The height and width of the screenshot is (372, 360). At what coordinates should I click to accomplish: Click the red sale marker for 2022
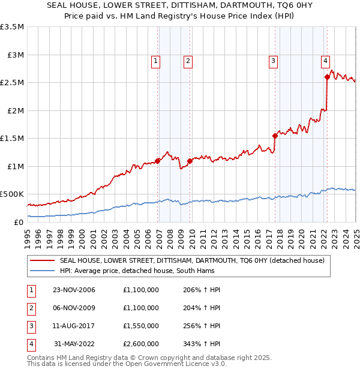328,77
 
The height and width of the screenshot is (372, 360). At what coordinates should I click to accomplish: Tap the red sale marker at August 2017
275,136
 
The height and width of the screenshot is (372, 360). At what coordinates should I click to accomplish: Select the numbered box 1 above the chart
155,60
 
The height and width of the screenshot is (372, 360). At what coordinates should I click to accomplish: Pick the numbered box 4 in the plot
325,60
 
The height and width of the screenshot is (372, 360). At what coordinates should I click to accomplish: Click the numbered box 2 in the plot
188,60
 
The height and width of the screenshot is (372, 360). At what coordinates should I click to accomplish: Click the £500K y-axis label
12,194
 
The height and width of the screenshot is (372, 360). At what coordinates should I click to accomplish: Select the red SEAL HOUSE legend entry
192,260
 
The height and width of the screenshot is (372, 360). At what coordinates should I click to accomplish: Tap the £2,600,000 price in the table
141,344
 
